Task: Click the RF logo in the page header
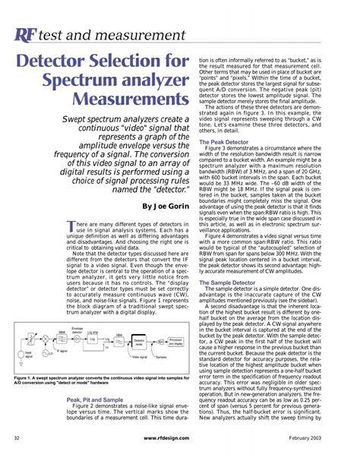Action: [24, 35]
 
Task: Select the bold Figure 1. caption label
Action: [27, 377]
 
